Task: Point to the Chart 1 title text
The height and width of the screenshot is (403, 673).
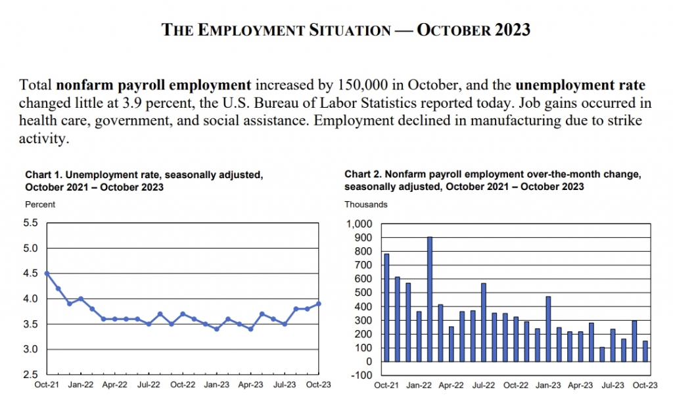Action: tap(143, 180)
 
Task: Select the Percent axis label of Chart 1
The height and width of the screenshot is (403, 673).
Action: tap(40, 204)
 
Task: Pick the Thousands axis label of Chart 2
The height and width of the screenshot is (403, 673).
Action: tap(366, 204)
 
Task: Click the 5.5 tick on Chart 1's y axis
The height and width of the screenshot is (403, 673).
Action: tap(30, 223)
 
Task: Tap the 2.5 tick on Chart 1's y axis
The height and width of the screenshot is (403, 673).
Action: tap(30, 374)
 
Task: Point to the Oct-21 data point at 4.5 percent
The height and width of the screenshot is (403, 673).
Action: tap(47, 273)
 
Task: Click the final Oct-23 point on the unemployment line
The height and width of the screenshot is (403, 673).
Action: tap(319, 303)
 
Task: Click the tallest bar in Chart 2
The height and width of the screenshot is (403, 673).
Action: tap(430, 298)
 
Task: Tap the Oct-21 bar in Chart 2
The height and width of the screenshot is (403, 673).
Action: tap(386, 307)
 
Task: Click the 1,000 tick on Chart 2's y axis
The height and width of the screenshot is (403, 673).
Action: tap(360, 224)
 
